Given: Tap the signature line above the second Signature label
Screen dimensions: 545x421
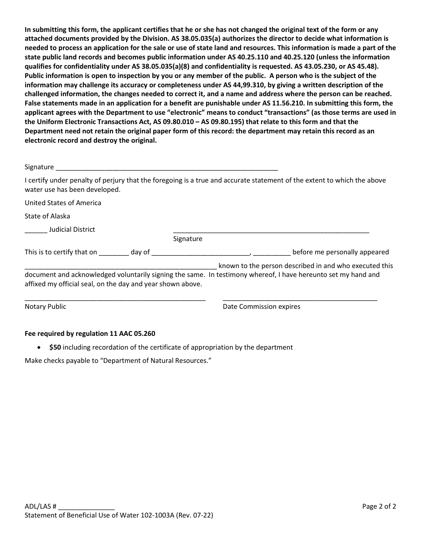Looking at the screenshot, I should point(271,231).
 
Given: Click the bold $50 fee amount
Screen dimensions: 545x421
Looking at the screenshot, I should point(55,347).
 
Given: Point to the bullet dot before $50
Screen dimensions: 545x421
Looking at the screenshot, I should point(40,348).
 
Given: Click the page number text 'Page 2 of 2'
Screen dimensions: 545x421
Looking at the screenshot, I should point(379,506).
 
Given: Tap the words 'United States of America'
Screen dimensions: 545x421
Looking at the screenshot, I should point(63,203).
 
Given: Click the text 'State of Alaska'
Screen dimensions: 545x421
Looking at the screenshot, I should point(47,216).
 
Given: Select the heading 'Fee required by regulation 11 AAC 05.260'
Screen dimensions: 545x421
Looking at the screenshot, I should point(90,333).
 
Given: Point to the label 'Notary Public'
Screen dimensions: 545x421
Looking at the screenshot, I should point(45,307).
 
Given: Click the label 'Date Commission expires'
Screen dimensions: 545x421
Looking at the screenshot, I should point(261,307).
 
